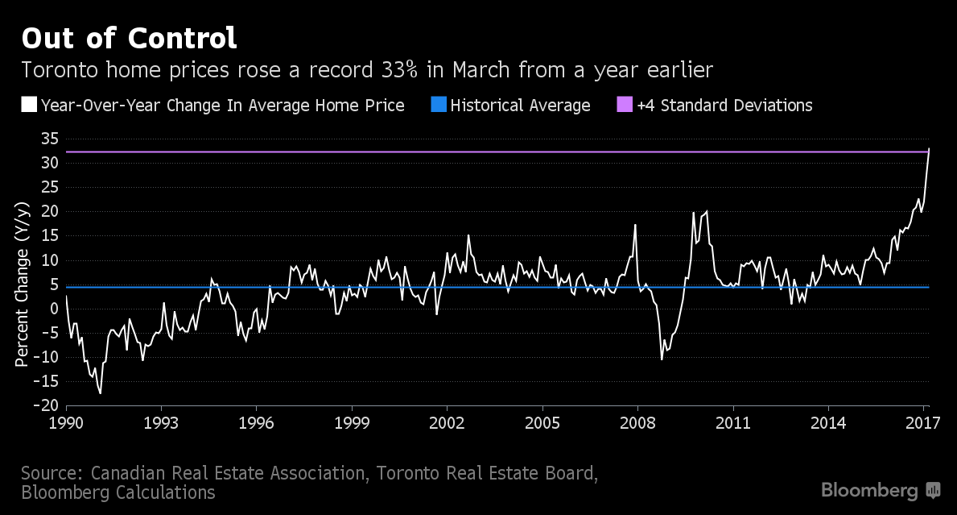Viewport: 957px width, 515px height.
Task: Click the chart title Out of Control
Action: (x=129, y=38)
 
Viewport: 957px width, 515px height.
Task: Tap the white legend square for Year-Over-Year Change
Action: (x=29, y=105)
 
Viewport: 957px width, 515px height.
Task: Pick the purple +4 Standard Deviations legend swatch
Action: (x=625, y=105)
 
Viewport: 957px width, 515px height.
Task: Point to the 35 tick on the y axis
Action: (x=48, y=139)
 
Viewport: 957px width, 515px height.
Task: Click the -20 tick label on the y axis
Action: (x=45, y=405)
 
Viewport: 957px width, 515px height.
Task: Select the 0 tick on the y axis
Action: (x=53, y=309)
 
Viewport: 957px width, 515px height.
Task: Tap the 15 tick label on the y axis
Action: (x=48, y=235)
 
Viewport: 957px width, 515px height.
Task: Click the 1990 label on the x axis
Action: (x=66, y=422)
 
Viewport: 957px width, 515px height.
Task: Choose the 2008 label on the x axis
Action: (x=638, y=422)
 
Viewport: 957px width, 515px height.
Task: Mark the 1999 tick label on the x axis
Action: (x=352, y=422)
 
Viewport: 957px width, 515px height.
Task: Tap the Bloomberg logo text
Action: (x=869, y=490)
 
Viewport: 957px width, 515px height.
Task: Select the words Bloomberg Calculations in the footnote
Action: (x=118, y=492)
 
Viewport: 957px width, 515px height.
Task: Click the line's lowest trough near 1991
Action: (x=100, y=393)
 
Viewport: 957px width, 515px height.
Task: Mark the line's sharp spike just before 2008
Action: (x=635, y=225)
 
